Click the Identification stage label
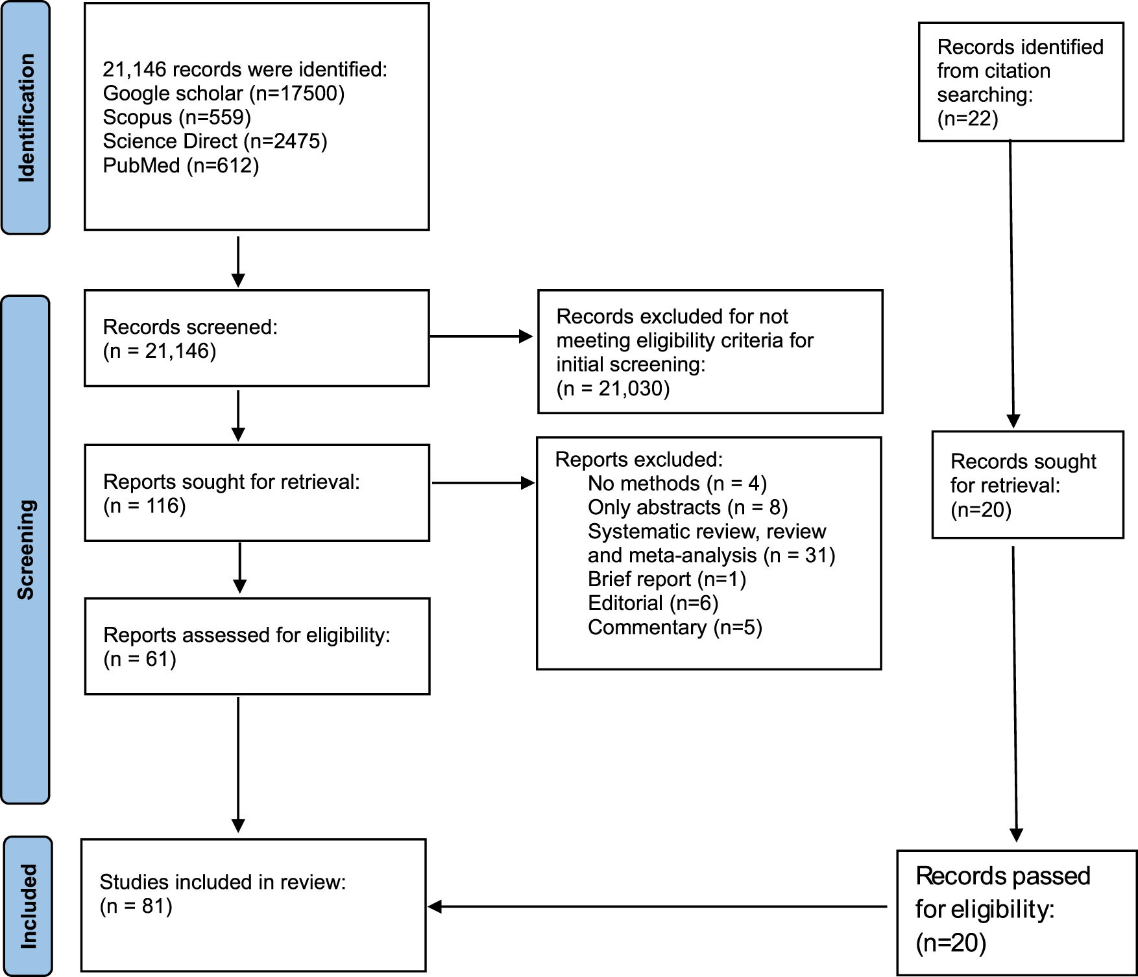tap(26, 117)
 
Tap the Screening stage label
tap(26, 550)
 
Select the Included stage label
tap(28, 906)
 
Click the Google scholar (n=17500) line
tap(224, 93)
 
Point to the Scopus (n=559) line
tap(177, 117)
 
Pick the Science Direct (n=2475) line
tap(215, 141)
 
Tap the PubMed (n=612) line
tap(181, 165)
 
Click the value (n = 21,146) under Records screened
tap(160, 351)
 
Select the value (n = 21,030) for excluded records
tap(613, 388)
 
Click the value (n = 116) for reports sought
tap(145, 506)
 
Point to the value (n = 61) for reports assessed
tap(140, 659)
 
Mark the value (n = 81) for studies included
tap(136, 906)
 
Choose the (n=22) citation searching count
tap(968, 119)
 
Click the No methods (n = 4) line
tap(677, 484)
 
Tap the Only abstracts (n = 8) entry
tap(688, 508)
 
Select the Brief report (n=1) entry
tap(667, 580)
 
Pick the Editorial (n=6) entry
tap(653, 604)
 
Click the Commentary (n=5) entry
tap(675, 628)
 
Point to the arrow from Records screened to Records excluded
tap(481, 336)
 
